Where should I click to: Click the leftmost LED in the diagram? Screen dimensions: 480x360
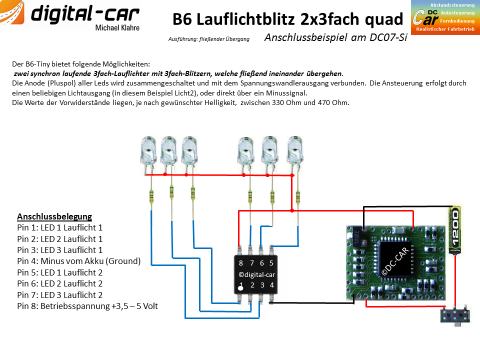tap(149, 151)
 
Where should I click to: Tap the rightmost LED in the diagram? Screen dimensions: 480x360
tap(295, 151)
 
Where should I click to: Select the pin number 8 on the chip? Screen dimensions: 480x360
tap(241, 263)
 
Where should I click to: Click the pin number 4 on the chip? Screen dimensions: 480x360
tap(272, 285)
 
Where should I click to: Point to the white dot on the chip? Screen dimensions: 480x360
tap(240, 288)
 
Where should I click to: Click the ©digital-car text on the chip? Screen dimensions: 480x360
tap(256, 274)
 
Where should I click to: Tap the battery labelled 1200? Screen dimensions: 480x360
tap(455, 229)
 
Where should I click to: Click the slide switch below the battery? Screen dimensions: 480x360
tap(455, 315)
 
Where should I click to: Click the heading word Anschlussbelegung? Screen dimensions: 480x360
tap(54, 216)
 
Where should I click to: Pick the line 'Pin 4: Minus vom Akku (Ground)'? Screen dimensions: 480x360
tap(79, 261)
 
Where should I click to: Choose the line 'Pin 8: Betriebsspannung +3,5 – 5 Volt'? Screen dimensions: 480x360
tap(87, 306)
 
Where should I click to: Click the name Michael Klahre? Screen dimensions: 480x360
tap(117, 28)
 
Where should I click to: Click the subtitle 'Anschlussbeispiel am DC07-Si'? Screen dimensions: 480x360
tap(336, 37)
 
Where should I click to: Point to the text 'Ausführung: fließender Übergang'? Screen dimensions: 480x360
tap(209, 39)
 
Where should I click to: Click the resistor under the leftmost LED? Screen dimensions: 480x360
tap(151, 196)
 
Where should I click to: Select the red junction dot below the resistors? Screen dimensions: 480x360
tap(292, 210)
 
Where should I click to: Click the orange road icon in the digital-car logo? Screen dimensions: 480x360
tap(11, 11)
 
